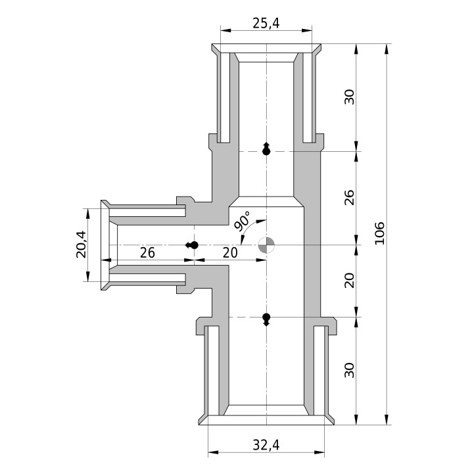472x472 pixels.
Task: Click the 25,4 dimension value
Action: click(x=266, y=23)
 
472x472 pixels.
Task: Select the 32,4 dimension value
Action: click(x=266, y=445)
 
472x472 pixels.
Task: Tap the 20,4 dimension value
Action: click(x=82, y=245)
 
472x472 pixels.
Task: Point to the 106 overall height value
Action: click(x=380, y=233)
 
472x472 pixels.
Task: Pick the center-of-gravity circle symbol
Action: click(x=266, y=245)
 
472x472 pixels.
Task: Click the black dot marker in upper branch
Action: click(x=266, y=149)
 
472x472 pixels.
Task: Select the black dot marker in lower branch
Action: click(x=266, y=319)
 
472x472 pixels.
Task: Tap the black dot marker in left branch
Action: click(x=192, y=245)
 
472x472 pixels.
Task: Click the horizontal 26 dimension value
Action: click(x=147, y=253)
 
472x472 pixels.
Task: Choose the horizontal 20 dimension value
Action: click(x=230, y=253)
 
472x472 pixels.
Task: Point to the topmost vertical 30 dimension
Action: click(x=350, y=97)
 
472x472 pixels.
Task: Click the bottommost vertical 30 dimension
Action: click(x=350, y=370)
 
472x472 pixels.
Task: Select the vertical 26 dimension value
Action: click(x=350, y=197)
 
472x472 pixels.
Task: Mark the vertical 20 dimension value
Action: click(x=350, y=281)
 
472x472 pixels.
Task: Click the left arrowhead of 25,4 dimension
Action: click(x=225, y=30)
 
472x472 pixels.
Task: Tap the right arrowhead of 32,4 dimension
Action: click(x=319, y=452)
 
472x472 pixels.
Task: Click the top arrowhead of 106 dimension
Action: click(x=387, y=49)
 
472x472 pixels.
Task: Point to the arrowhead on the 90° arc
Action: click(x=262, y=221)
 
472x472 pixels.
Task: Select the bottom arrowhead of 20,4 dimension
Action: click(x=88, y=276)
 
